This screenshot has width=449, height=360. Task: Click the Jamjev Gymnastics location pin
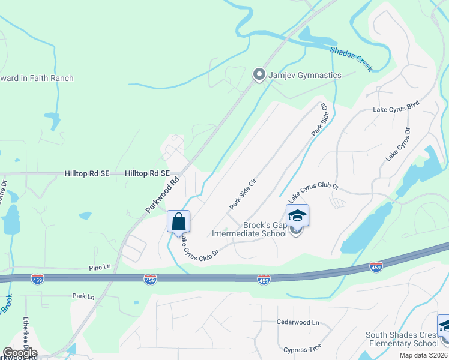259,75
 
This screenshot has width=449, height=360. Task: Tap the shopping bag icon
178,221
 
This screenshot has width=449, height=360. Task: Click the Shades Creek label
351,59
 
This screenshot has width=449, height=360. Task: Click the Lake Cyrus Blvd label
396,106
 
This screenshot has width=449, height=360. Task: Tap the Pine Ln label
100,266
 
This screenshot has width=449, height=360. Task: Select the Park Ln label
83,296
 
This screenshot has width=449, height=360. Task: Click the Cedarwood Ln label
298,322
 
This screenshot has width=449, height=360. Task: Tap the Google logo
20,353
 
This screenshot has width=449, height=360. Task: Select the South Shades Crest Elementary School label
402,339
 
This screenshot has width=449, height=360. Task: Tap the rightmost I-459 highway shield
376,266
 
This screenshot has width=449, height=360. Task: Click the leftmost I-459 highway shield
37,280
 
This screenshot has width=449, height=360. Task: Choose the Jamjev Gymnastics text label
306,75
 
